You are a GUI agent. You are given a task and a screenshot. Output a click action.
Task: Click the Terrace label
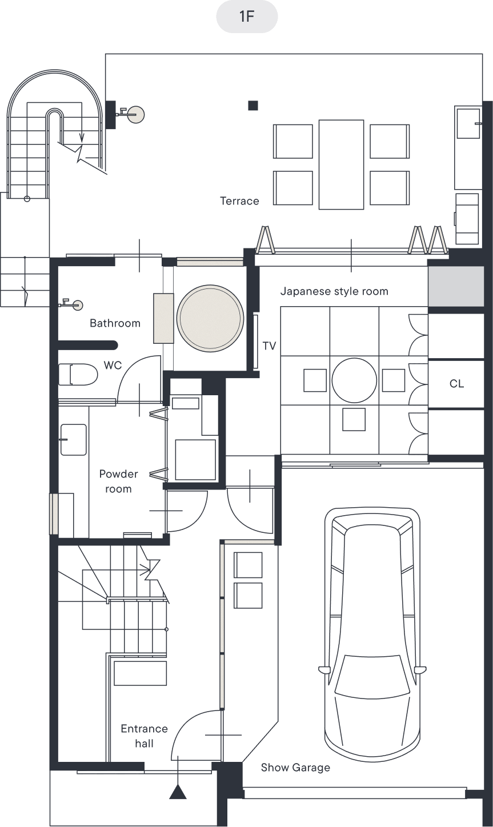239,201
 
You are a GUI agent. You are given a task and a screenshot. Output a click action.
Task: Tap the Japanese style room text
334,291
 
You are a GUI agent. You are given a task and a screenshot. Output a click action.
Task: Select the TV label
269,346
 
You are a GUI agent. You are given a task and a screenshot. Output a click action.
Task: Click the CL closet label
456,384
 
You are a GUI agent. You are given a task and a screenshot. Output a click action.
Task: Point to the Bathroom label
115,323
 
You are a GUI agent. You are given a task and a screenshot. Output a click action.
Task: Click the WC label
113,366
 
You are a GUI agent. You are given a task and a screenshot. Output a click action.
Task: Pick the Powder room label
118,481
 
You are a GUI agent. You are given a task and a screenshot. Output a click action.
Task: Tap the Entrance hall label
144,736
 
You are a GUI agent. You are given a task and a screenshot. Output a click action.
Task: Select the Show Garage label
295,768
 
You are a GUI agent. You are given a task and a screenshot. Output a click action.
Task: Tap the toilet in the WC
78,375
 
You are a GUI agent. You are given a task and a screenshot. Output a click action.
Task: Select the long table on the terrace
341,164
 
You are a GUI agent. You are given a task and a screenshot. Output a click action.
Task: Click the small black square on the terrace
253,106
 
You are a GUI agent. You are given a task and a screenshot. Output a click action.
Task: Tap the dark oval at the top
247,16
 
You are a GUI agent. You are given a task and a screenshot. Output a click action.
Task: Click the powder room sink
74,439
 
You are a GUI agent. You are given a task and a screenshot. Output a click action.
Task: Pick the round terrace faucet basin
135,114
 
